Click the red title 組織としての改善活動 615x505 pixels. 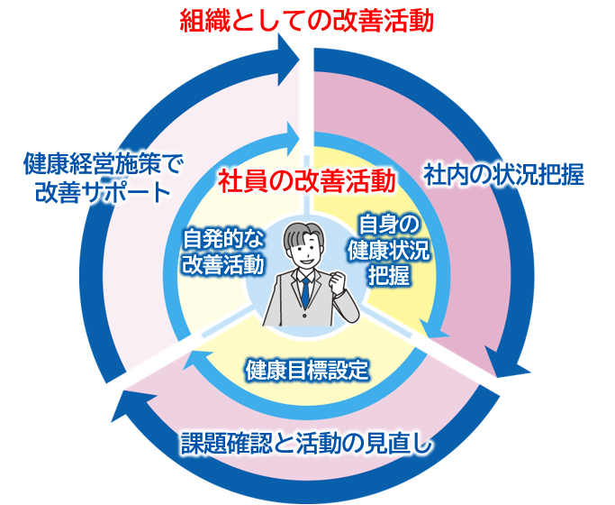[306, 19]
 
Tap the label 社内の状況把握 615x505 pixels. [504, 174]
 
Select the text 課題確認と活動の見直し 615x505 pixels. [307, 442]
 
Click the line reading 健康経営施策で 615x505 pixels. [101, 165]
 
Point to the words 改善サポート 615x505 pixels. [101, 192]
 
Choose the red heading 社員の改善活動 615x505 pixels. [307, 180]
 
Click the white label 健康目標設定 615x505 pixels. [307, 369]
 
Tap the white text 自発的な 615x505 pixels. [222, 240]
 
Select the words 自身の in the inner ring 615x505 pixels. [389, 224]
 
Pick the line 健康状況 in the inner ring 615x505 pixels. [389, 250]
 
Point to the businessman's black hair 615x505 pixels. [303, 234]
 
